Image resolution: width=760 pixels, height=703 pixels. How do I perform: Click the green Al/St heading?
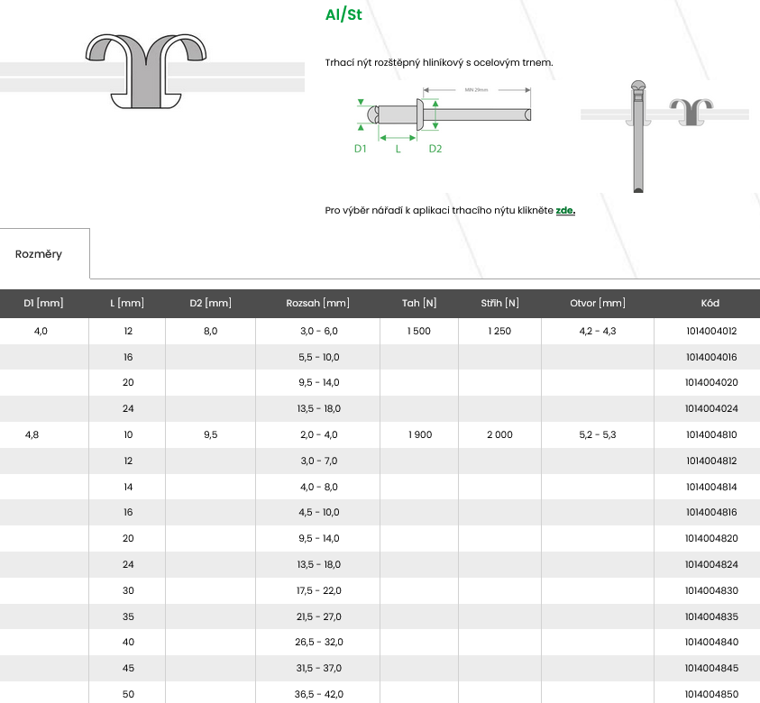point(343,14)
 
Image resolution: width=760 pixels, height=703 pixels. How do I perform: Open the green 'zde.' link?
point(565,210)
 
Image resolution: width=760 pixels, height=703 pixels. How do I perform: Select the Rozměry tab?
point(38,254)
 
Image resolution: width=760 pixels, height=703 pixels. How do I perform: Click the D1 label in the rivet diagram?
point(360,149)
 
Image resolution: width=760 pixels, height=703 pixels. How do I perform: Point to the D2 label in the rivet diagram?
point(435,149)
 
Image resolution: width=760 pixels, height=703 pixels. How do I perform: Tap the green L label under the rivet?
point(398,149)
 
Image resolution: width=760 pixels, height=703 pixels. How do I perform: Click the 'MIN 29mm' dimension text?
point(476,89)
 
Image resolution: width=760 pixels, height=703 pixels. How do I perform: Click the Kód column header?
point(710,303)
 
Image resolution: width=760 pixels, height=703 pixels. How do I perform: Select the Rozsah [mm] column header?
point(317,303)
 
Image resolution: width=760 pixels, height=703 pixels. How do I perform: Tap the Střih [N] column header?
point(499,303)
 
